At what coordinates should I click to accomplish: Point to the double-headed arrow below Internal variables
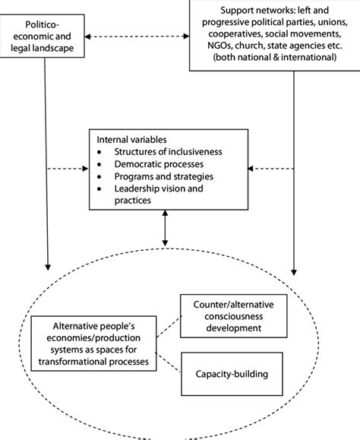coord(165,229)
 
